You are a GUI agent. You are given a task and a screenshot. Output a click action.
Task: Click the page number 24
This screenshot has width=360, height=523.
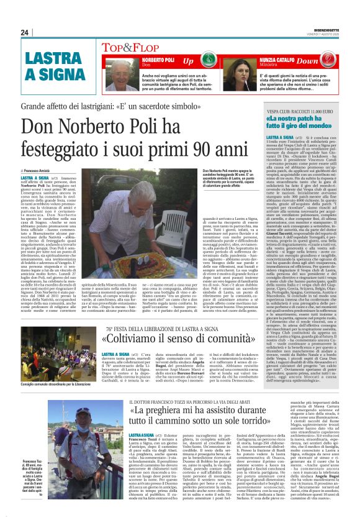point(25,32)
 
